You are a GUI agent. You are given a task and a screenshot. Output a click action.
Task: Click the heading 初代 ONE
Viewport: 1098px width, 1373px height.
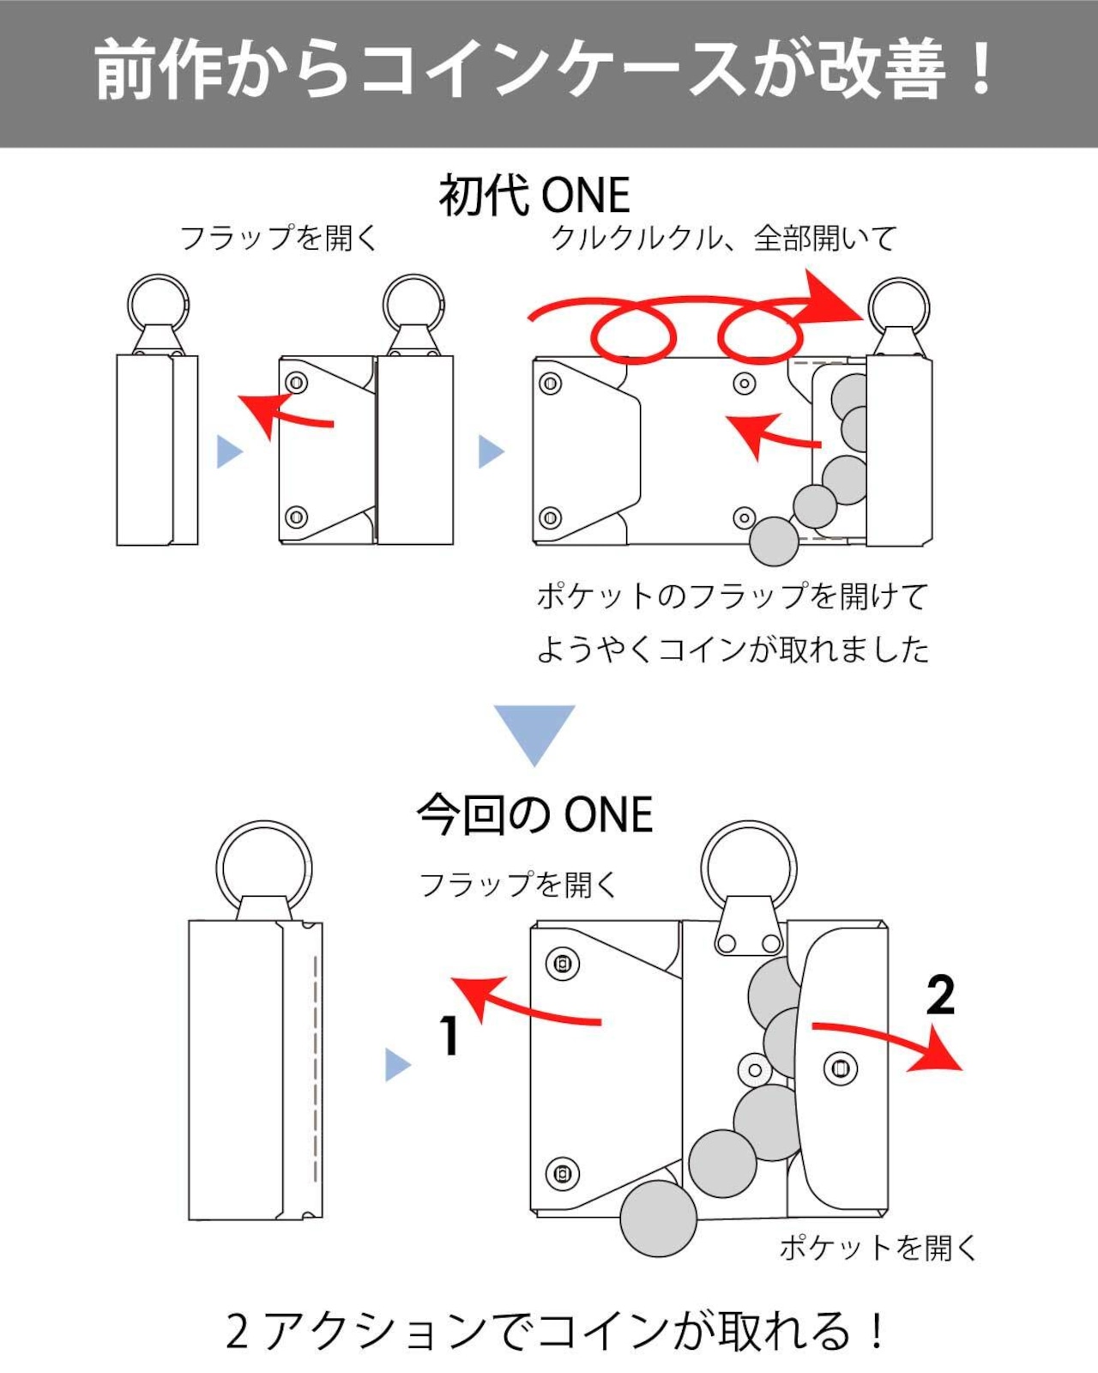point(534,196)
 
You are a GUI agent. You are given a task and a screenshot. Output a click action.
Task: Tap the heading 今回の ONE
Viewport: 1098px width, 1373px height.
point(534,814)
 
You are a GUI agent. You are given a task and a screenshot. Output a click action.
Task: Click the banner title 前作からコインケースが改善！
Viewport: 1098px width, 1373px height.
point(544,69)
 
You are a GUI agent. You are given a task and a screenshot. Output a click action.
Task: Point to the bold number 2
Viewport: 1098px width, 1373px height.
point(940,995)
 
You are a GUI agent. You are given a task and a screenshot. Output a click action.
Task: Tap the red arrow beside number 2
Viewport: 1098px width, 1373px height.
point(887,1043)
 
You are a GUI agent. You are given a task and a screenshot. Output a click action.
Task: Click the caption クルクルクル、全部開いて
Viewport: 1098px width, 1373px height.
point(724,239)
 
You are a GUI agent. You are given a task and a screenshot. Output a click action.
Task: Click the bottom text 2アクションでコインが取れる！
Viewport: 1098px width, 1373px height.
point(555,1331)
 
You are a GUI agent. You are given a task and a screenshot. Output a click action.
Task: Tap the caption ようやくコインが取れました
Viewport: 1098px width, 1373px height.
point(733,650)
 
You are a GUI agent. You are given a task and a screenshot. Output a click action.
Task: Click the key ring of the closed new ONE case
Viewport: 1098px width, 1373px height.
point(264,837)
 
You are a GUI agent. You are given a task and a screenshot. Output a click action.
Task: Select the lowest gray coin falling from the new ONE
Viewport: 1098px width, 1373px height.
point(659,1218)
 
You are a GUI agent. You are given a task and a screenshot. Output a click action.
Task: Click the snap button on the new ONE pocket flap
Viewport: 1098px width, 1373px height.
point(841,1068)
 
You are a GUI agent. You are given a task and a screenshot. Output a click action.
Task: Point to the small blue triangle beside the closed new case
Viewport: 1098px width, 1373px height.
point(398,1066)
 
